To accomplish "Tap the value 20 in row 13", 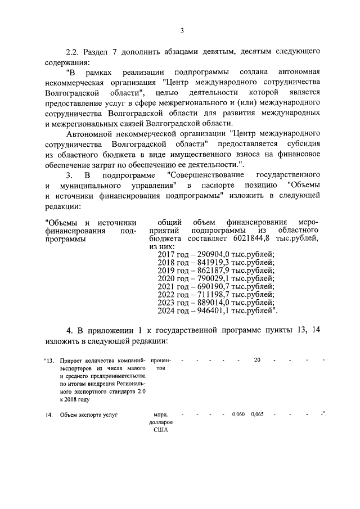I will click(x=257, y=360).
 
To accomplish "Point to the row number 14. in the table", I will click(x=49, y=416).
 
